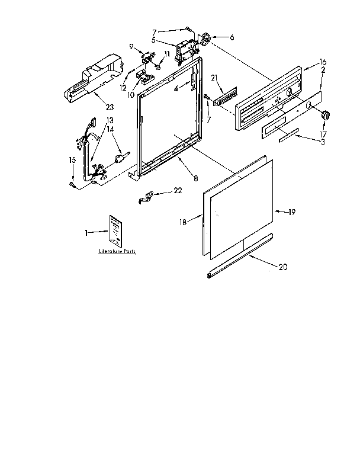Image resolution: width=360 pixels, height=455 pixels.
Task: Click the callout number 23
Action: (110, 107)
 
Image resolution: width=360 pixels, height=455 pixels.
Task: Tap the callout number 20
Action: (282, 267)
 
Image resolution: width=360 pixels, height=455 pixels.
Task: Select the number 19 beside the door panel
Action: (291, 212)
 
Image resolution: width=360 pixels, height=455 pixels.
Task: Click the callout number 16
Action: (323, 62)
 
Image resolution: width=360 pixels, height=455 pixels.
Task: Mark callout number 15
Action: (72, 160)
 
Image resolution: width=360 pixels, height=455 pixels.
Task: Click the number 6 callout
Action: (232, 37)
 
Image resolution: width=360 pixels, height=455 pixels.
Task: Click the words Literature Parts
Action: (117, 252)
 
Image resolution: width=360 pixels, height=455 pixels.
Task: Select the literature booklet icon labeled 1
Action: (115, 231)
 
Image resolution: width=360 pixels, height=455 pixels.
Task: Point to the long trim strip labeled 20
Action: (240, 255)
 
